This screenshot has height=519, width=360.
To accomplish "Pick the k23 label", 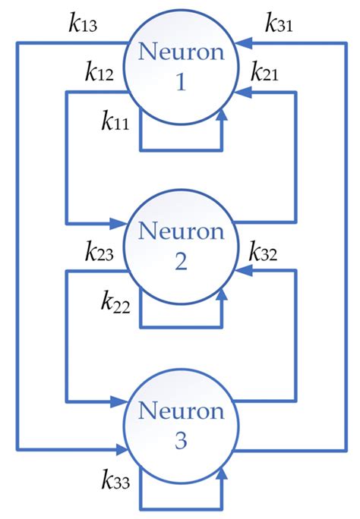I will pos(99,252).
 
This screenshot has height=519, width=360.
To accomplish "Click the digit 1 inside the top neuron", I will pos(180,82).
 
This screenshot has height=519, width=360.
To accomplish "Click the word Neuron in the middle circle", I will pos(180,230).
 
